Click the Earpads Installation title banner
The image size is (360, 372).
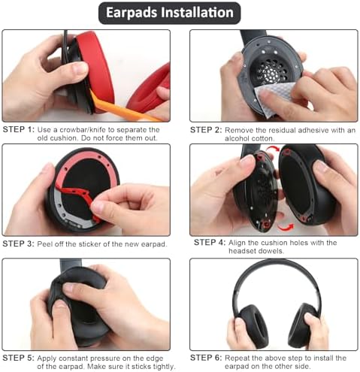coord(180,13)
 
